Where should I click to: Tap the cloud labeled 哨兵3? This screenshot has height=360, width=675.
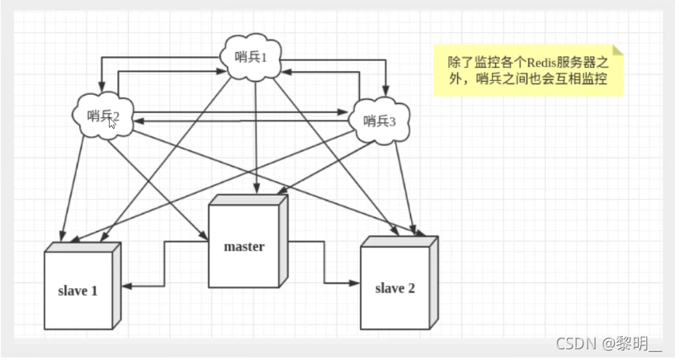[x=378, y=121]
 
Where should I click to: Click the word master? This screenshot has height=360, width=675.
[x=244, y=247]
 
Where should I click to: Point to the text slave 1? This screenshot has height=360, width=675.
[x=78, y=291]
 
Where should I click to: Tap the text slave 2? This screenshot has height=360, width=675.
[x=394, y=288]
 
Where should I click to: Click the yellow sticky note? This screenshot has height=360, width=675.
[x=529, y=71]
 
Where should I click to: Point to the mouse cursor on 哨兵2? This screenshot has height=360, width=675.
[x=112, y=123]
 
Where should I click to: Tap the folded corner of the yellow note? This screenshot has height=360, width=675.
[x=618, y=50]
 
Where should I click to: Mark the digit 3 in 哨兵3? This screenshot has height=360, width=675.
[x=393, y=121]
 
